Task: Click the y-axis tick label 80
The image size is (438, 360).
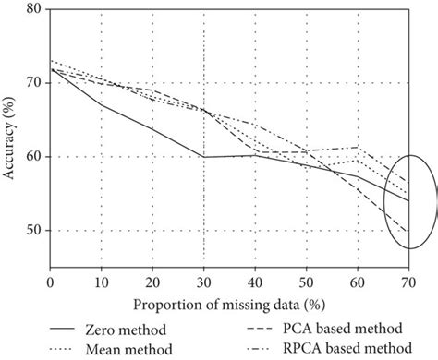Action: pyautogui.click(x=33, y=10)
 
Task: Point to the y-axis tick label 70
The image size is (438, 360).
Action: pyautogui.click(x=33, y=83)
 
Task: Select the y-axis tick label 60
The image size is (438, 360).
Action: pyautogui.click(x=33, y=157)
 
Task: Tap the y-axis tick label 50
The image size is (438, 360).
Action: pyautogui.click(x=33, y=231)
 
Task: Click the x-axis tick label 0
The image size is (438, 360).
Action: pyautogui.click(x=50, y=282)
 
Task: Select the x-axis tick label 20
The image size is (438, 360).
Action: pyautogui.click(x=152, y=282)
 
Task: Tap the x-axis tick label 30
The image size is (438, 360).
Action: pyautogui.click(x=204, y=282)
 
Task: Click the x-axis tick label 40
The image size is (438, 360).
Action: pyautogui.click(x=255, y=282)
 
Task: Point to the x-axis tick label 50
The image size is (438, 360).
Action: pyautogui.click(x=307, y=282)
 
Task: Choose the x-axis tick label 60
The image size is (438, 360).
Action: pyautogui.click(x=358, y=282)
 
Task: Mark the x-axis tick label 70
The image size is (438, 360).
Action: pyautogui.click(x=408, y=282)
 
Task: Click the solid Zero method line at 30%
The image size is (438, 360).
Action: pyautogui.click(x=204, y=157)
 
